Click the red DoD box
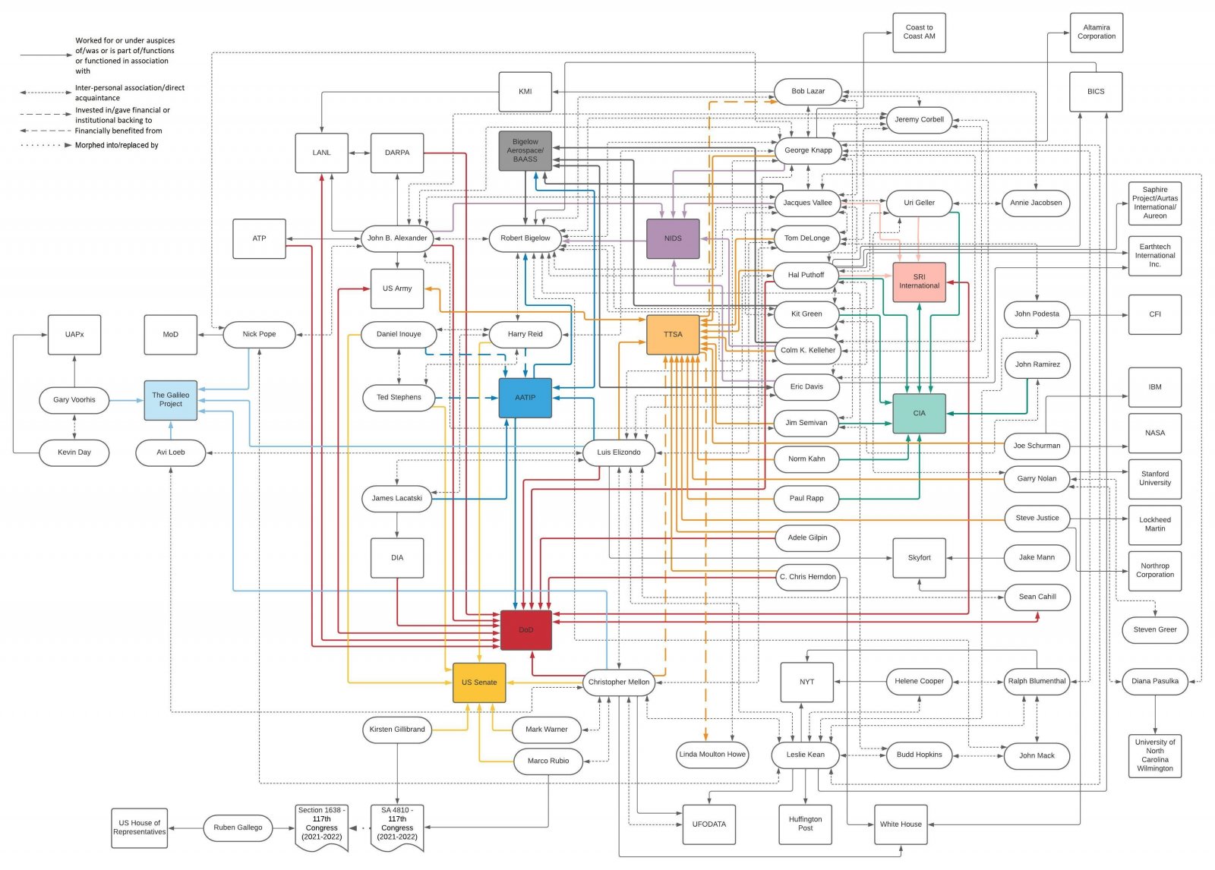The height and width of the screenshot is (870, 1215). coord(525,630)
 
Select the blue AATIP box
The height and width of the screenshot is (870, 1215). coord(525,398)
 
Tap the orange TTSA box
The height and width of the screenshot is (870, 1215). coord(673,335)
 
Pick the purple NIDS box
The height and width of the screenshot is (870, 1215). coord(673,238)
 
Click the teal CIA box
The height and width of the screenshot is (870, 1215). coord(919,414)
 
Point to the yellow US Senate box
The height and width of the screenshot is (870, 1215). coord(479,682)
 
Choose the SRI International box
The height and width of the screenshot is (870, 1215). coord(919,282)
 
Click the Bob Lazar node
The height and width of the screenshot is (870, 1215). coord(808,91)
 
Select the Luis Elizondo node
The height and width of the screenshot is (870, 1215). coord(619,452)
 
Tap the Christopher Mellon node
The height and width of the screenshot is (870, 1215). coord(619,682)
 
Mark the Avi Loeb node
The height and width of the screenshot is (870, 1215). coord(171,452)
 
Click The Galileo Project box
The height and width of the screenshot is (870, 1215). coord(171,400)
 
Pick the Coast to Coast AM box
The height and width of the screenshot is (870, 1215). coord(919,33)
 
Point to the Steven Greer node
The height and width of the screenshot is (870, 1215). coord(1154,629)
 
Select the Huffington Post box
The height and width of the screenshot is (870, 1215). coord(805,824)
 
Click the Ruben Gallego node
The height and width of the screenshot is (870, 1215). coord(238,827)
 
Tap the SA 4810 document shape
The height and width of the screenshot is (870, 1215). coord(397,827)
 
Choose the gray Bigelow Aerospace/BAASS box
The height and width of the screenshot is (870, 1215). coord(525,150)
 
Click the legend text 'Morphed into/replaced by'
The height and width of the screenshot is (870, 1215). coord(116,145)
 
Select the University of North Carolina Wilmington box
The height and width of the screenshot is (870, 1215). coord(1154,755)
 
